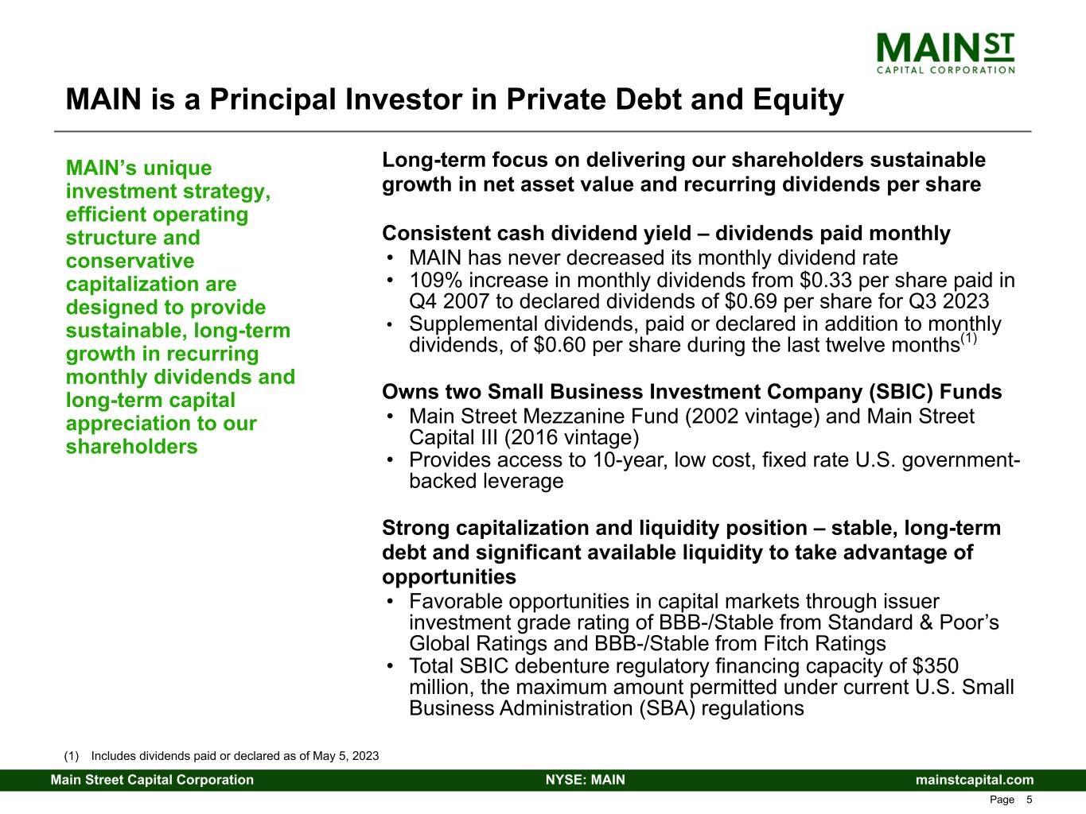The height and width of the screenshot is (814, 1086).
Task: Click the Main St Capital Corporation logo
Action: click(x=945, y=53)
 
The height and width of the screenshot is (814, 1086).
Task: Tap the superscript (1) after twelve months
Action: click(x=968, y=339)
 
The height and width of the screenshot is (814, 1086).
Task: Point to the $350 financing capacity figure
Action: click(x=936, y=666)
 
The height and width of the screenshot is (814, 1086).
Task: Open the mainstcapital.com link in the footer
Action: click(x=975, y=780)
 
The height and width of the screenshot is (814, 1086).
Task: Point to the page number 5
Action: click(x=1030, y=800)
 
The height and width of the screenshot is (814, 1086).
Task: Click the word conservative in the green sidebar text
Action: click(x=130, y=261)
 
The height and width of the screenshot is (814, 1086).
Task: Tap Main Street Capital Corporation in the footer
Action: click(x=152, y=780)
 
